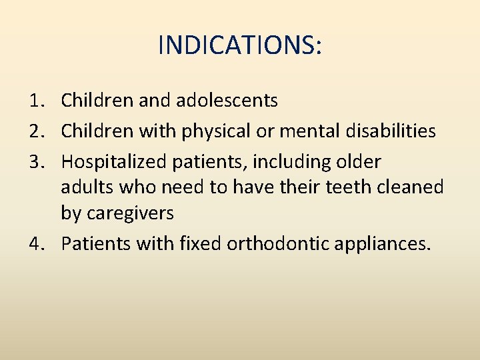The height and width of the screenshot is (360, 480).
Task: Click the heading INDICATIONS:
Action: coord(240,45)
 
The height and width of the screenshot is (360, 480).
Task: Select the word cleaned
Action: coord(413,187)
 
